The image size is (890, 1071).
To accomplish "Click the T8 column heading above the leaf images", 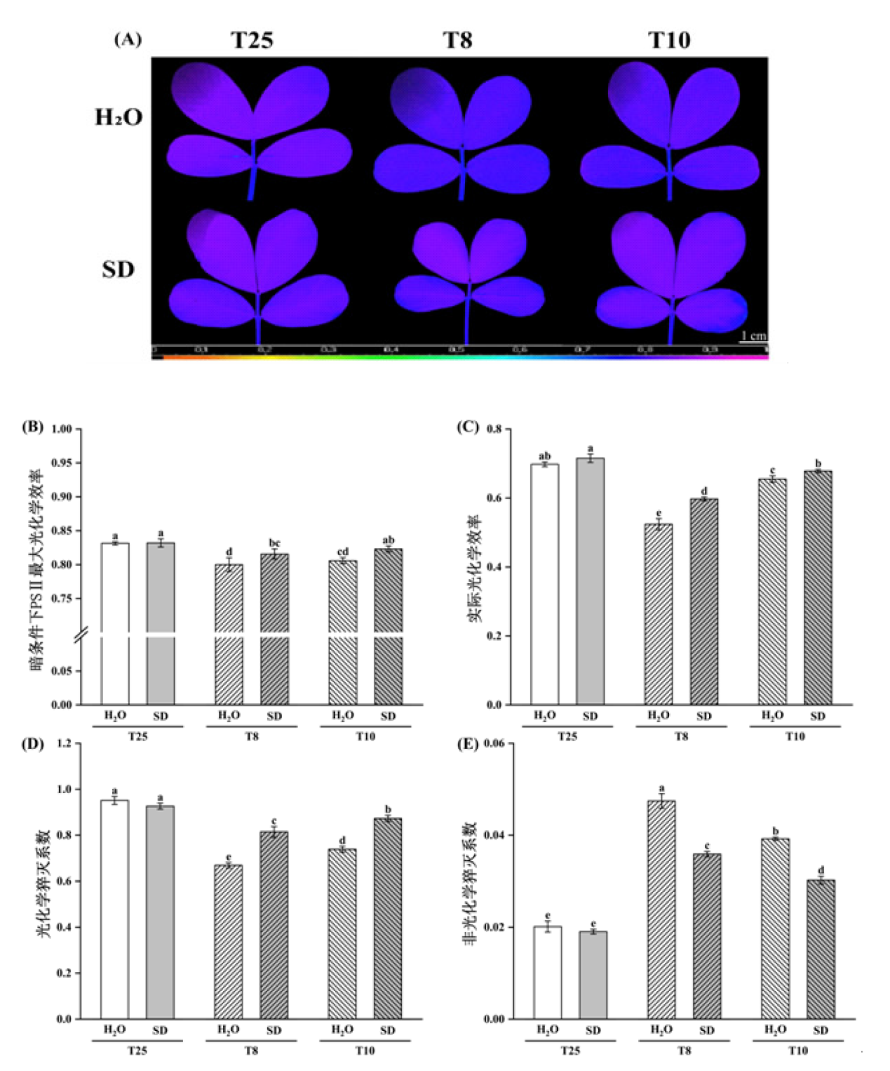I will [x=458, y=40].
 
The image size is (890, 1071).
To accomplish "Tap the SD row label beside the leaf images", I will [x=118, y=270].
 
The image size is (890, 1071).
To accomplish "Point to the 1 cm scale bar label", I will [x=753, y=335].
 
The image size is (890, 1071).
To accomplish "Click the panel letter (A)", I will [x=128, y=39].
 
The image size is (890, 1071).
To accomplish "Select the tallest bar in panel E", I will [x=661, y=909].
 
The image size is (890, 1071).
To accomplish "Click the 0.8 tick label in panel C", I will [x=494, y=429].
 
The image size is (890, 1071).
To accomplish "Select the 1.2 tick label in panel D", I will [x=63, y=743].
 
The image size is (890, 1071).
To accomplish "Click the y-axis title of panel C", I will [x=475, y=568].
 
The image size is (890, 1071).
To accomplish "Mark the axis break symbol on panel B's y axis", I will [x=80, y=635].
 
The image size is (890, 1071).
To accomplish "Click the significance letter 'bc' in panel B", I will [x=274, y=543].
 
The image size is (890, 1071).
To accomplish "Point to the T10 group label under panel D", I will [x=365, y=1051].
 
